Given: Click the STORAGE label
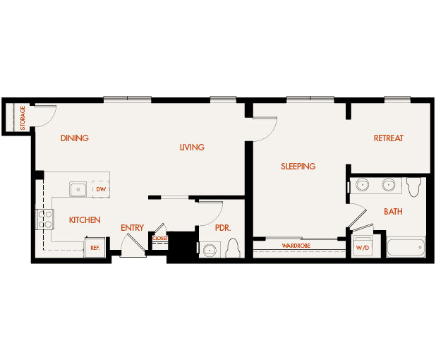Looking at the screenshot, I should pyautogui.click(x=23, y=118).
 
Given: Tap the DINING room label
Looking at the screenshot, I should pyautogui.click(x=75, y=138).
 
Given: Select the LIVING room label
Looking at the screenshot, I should pyautogui.click(x=192, y=148).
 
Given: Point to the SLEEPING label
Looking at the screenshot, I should pyautogui.click(x=298, y=167).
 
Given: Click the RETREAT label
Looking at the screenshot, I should pyautogui.click(x=389, y=138).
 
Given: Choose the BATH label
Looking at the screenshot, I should pyautogui.click(x=393, y=212).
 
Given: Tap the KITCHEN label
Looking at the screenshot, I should pyautogui.click(x=85, y=220).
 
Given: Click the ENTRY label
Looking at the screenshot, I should pyautogui.click(x=132, y=228).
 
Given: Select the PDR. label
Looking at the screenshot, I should pyautogui.click(x=223, y=228).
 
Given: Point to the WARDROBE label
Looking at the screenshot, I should pyautogui.click(x=296, y=246).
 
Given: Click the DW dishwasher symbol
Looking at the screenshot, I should pyautogui.click(x=101, y=189).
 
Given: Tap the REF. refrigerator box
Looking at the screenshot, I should pyautogui.click(x=95, y=248).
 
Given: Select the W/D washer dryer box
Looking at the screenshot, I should pyautogui.click(x=363, y=248).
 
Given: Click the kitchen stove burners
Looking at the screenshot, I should pyautogui.click(x=46, y=219).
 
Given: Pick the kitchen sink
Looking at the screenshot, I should pyautogui.click(x=78, y=189).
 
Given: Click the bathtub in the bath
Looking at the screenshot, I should pyautogui.click(x=406, y=248).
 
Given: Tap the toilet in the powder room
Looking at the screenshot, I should pyautogui.click(x=234, y=249).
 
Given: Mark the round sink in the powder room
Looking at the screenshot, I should pyautogui.click(x=210, y=250).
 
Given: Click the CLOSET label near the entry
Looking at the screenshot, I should pyautogui.click(x=159, y=239).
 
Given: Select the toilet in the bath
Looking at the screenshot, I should pyautogui.click(x=414, y=186).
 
